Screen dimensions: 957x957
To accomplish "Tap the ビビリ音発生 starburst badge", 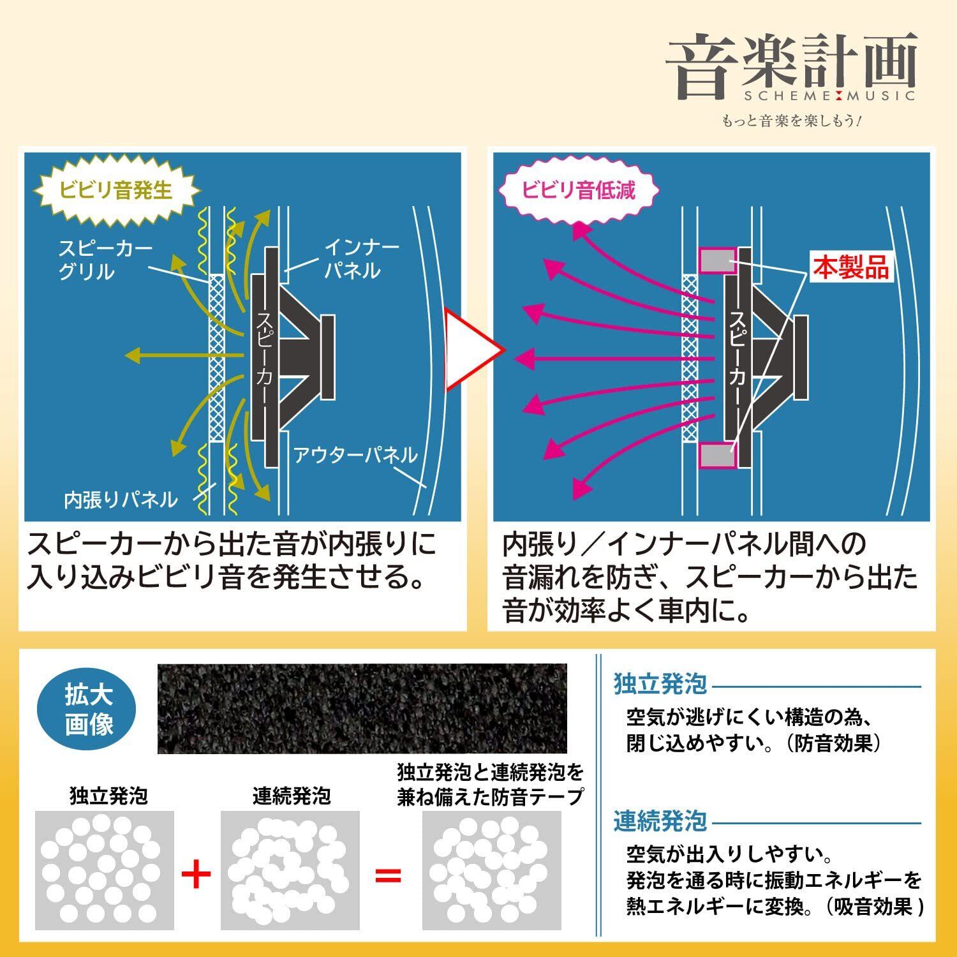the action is [115, 189].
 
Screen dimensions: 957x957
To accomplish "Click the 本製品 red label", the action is [850, 268].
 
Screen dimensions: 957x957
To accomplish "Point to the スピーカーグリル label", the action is [105, 260].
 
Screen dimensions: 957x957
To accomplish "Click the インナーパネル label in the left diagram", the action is [362, 258].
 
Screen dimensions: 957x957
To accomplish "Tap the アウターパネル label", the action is [355, 455].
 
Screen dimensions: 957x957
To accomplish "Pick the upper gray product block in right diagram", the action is [718, 260].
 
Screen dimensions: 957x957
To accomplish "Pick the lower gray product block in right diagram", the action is [718, 456].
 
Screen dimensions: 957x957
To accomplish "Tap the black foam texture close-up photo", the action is [362, 708].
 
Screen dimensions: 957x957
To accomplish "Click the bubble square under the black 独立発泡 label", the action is [105, 870].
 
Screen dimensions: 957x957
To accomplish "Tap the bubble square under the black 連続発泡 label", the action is [290, 870].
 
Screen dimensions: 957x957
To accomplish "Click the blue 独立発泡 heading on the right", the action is [660, 684].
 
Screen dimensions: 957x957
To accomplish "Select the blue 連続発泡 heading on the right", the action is [660, 821].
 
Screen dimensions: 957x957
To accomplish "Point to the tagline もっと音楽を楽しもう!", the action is [791, 121].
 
